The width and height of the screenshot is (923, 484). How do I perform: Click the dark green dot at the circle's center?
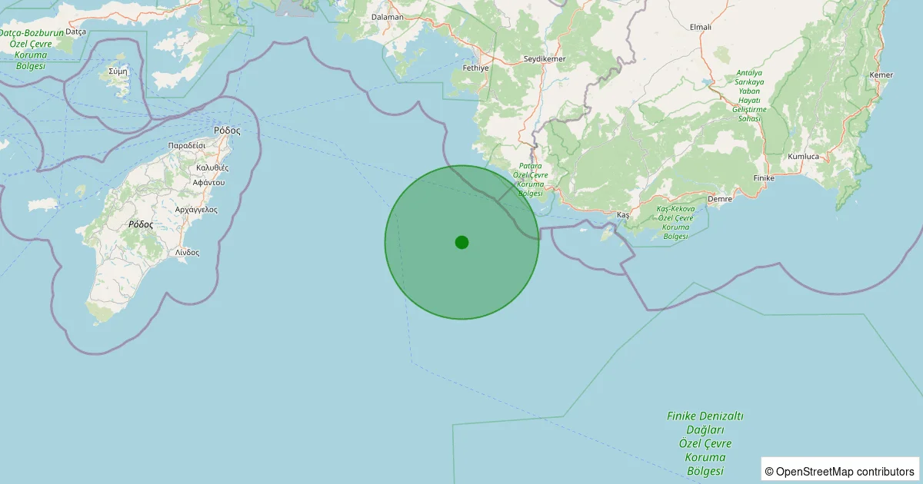click(461, 242)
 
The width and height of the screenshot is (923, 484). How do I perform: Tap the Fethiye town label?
click(476, 68)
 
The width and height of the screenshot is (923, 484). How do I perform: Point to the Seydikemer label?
click(544, 59)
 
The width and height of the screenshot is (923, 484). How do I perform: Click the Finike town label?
click(763, 177)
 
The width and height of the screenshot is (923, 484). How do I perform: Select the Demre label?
click(719, 198)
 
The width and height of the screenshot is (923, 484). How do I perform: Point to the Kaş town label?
click(623, 215)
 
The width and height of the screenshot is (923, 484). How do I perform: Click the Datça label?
click(76, 31)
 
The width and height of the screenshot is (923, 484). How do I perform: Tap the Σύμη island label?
click(118, 70)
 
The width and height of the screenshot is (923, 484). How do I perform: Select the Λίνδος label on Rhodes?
click(187, 252)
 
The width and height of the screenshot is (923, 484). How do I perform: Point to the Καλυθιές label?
click(212, 167)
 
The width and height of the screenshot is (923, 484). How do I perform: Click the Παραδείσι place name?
click(187, 144)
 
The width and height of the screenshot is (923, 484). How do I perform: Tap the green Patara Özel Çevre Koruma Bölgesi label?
click(531, 179)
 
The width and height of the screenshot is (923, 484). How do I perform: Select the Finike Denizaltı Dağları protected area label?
click(705, 443)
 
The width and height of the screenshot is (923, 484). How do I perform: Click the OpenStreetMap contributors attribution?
click(840, 471)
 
